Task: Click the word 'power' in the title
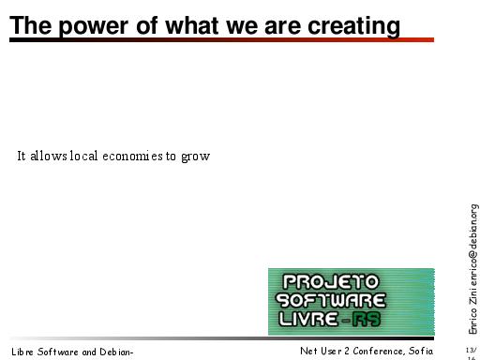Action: coord(93,27)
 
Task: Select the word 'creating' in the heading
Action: coord(353,26)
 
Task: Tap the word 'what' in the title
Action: coord(192,25)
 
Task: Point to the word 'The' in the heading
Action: coord(30,25)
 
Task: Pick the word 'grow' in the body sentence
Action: coord(196,157)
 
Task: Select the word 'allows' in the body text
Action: coord(49,156)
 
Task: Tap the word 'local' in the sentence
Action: coord(83,156)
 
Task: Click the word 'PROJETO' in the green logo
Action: coord(331,281)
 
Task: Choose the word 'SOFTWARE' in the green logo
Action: coord(331,300)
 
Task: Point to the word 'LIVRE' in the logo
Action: coord(308,320)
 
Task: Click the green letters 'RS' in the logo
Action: coord(367,320)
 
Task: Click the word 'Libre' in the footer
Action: coord(22,352)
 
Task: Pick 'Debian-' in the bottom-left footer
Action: coord(116,352)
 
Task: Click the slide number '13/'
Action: coord(472,350)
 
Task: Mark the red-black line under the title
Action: coord(221,39)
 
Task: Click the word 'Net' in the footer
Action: coord(308,351)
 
